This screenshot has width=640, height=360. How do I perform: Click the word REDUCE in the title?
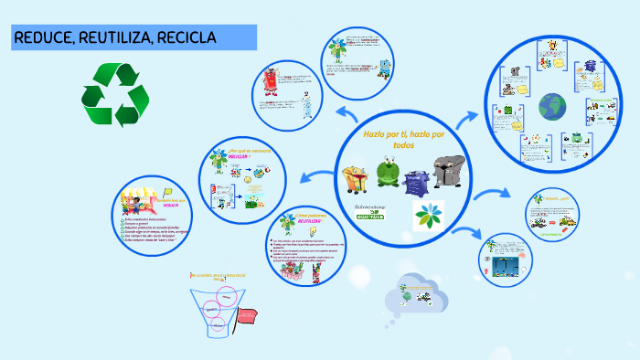pyautogui.click(x=43, y=37)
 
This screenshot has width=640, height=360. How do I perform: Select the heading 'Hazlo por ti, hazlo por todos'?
pyautogui.click(x=403, y=139)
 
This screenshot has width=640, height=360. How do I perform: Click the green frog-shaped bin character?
pyautogui.click(x=389, y=173)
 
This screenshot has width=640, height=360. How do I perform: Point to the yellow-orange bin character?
pyautogui.click(x=356, y=178)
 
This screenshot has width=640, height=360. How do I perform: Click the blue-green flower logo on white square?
pyautogui.click(x=427, y=216)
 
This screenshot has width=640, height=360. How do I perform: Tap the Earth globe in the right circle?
pyautogui.click(x=551, y=106)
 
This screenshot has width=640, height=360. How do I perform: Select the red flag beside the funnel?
pyautogui.click(x=248, y=317)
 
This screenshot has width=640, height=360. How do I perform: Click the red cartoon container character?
pyautogui.click(x=272, y=81)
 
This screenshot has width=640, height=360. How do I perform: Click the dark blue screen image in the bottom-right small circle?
pyautogui.click(x=505, y=264)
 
